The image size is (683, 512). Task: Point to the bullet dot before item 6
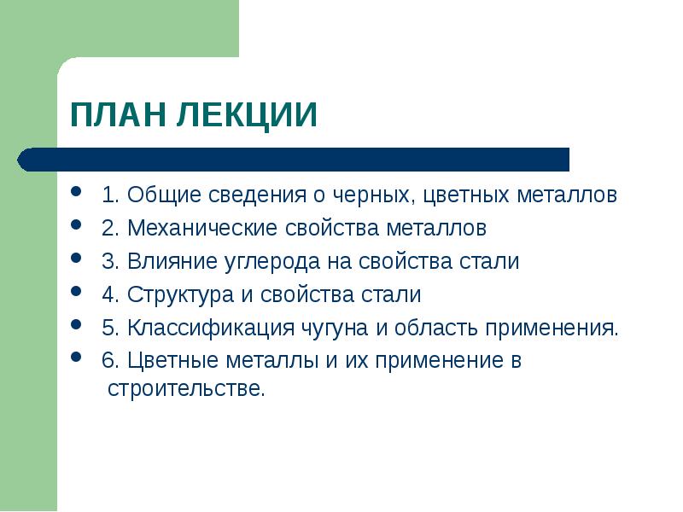(78, 358)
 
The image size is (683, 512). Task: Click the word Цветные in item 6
(172, 361)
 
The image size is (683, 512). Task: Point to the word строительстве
(186, 389)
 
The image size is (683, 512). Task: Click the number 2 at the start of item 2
(107, 229)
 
